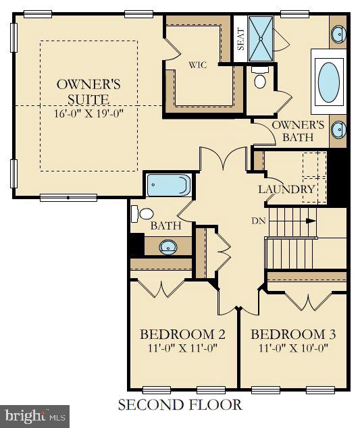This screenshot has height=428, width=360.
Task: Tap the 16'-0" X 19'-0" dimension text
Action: point(88,113)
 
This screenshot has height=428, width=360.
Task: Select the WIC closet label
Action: point(197,65)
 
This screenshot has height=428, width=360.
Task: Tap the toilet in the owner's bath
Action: point(259,79)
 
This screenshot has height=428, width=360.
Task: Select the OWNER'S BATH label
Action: point(298,131)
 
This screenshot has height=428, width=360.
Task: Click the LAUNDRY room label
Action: point(286,189)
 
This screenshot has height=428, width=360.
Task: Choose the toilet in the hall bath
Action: point(143,214)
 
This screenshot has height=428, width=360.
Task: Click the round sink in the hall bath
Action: point(169,246)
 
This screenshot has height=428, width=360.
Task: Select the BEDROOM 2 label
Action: point(182,335)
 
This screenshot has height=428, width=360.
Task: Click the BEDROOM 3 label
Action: point(293,335)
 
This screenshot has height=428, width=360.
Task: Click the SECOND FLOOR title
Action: point(180,405)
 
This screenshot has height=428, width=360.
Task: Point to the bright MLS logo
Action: point(35,415)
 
